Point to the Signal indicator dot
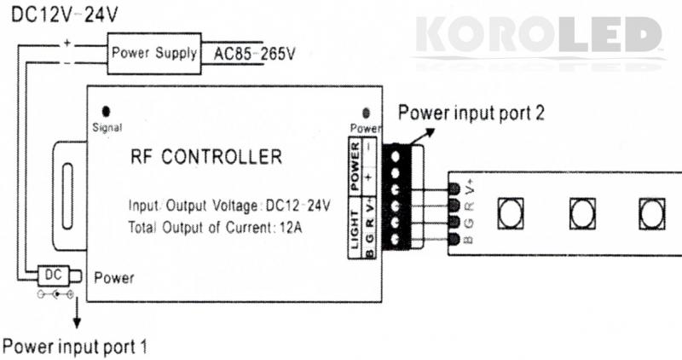pos(107,112)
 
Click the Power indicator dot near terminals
pos(367,113)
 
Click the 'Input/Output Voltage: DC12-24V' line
pos(229,206)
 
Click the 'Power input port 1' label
pos(75,347)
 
